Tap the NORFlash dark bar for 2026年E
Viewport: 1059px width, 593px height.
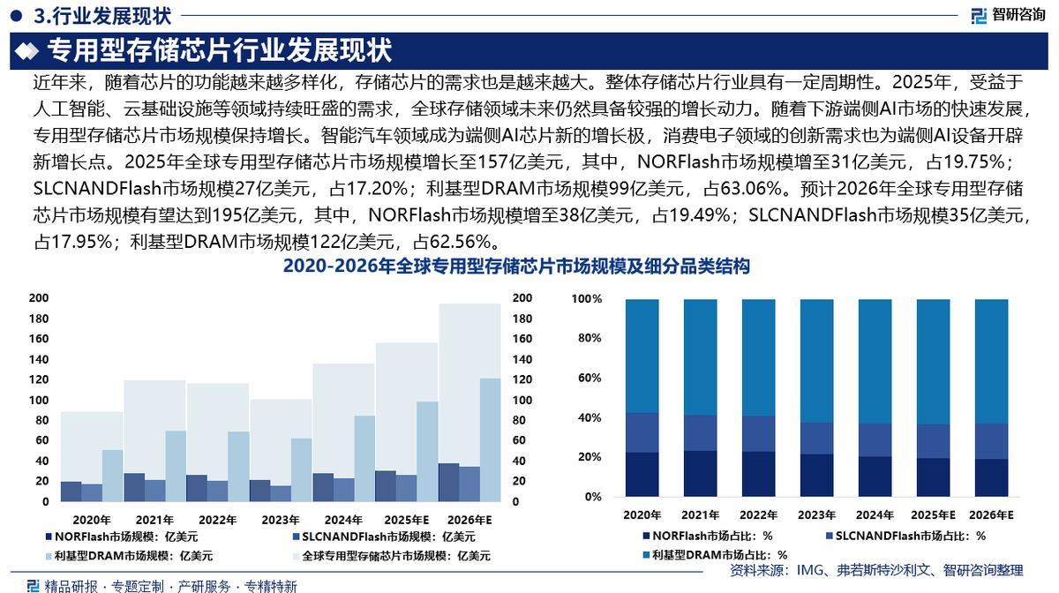coord(448,482)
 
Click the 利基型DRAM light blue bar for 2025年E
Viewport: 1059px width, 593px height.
coord(427,451)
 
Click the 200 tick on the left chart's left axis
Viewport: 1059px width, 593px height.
coord(39,298)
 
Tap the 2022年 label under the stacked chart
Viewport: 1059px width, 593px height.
coord(759,515)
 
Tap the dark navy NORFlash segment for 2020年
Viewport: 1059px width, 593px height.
coord(642,474)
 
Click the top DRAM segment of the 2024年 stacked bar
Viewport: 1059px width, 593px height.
coord(875,361)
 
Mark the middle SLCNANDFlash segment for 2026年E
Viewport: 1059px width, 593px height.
coord(992,441)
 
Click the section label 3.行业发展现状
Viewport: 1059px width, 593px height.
coord(101,15)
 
